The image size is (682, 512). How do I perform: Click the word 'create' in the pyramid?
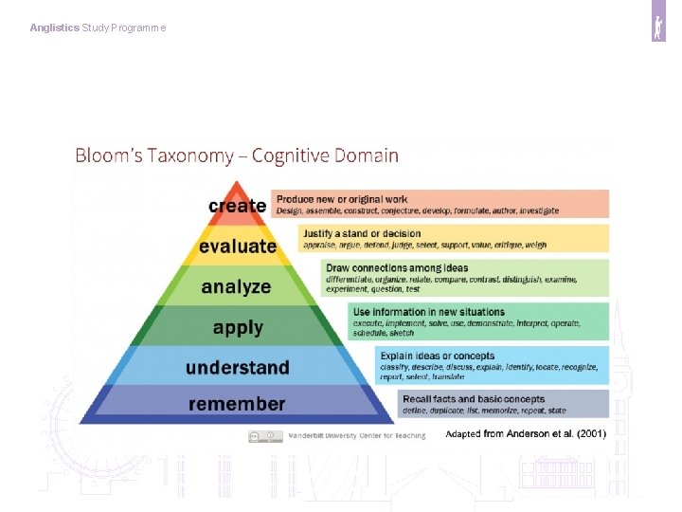pyautogui.click(x=237, y=206)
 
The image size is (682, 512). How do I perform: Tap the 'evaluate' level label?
pyautogui.click(x=238, y=247)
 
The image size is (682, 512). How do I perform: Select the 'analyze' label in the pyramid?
pyautogui.click(x=236, y=286)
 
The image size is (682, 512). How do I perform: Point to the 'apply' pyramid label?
pyautogui.click(x=238, y=328)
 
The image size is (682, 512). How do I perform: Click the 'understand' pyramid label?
pyautogui.click(x=238, y=367)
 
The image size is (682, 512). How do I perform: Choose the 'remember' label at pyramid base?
pyautogui.click(x=237, y=404)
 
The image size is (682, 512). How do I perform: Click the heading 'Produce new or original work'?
pyautogui.click(x=342, y=199)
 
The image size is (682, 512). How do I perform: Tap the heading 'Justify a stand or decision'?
pyautogui.click(x=362, y=233)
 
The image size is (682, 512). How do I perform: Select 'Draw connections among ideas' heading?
pyautogui.click(x=397, y=268)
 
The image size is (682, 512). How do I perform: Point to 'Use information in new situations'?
pyautogui.click(x=428, y=312)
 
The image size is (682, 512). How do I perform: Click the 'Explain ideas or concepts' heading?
pyautogui.click(x=437, y=357)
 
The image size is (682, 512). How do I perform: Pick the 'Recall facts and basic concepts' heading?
pyautogui.click(x=474, y=399)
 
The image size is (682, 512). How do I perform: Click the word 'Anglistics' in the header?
pyautogui.click(x=54, y=28)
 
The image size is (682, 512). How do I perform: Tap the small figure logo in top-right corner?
pyautogui.click(x=658, y=28)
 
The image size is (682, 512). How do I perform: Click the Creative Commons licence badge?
pyautogui.click(x=265, y=436)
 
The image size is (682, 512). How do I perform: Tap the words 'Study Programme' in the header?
pyautogui.click(x=124, y=28)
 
